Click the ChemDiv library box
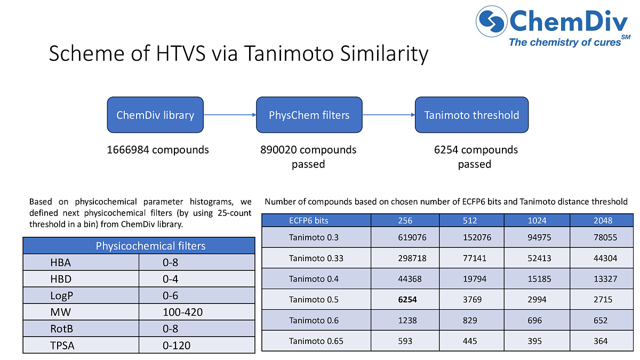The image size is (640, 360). click(x=155, y=115)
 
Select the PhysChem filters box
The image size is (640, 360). click(x=309, y=115)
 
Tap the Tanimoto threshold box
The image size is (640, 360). click(x=471, y=115)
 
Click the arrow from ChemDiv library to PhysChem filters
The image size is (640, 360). click(x=230, y=115)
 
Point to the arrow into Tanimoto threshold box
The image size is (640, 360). click(x=389, y=115)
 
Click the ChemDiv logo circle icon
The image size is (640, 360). click(x=491, y=21)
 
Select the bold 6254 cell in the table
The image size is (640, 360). click(x=407, y=299)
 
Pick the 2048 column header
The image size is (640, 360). click(x=603, y=221)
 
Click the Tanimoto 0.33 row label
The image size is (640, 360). click(x=316, y=258)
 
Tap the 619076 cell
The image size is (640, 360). click(x=412, y=237)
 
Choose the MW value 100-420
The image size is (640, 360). click(x=182, y=312)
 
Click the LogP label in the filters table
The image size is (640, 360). click(x=62, y=295)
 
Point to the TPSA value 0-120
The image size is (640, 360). click(x=177, y=346)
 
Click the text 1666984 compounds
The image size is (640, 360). click(x=158, y=150)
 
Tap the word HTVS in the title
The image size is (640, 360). click(x=181, y=53)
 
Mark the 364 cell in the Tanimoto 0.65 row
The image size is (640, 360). click(x=601, y=341)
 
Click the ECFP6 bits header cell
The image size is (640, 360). click(x=309, y=221)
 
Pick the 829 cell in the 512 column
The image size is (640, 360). click(x=470, y=321)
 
